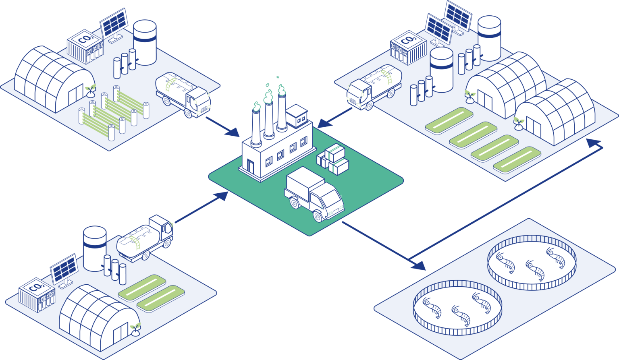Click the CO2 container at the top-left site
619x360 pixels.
point(85,47)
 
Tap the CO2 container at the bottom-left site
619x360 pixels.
point(37,295)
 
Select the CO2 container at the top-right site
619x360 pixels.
point(408,48)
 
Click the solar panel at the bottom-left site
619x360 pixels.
point(64,271)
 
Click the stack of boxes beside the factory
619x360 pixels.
point(333,159)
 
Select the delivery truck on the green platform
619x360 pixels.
point(314,194)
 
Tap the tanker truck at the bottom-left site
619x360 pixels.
point(145,238)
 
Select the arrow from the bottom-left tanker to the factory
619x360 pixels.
point(202,207)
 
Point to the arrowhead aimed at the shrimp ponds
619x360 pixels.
point(419,266)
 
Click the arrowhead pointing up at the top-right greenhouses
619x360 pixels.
point(593,143)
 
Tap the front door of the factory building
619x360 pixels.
point(250,166)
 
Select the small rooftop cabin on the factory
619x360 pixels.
point(297,116)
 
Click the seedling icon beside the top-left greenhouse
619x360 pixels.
point(90,91)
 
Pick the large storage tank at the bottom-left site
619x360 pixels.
point(95,248)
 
